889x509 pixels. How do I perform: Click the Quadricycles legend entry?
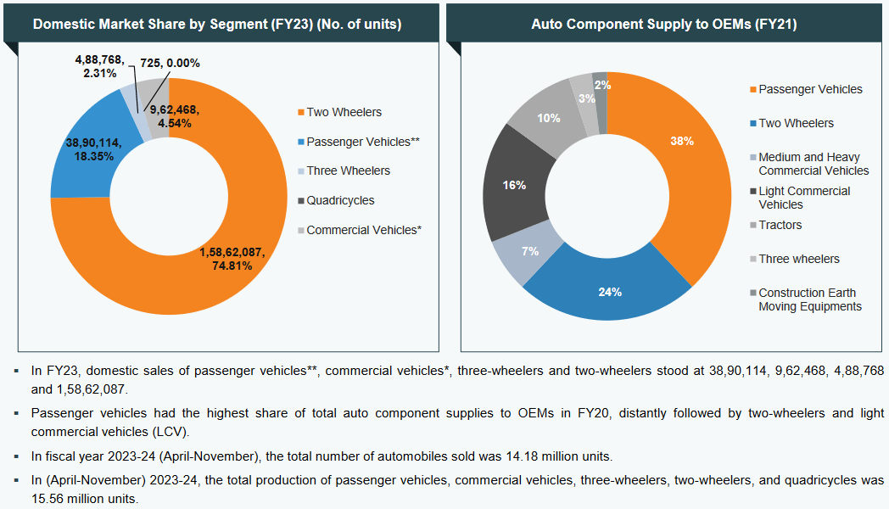[340, 201]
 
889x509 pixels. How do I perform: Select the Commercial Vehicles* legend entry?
[364, 230]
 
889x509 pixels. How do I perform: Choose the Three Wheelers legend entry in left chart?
[348, 171]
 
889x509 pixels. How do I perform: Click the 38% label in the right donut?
[682, 141]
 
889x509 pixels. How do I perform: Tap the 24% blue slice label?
[610, 292]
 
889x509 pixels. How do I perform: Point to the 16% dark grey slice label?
[514, 184]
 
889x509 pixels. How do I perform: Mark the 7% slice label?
[530, 251]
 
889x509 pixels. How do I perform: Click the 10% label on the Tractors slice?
[548, 118]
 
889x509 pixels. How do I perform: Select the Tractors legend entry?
[780, 225]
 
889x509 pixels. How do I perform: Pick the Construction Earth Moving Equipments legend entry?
[809, 299]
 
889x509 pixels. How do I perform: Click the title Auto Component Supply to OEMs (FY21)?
[663, 25]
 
